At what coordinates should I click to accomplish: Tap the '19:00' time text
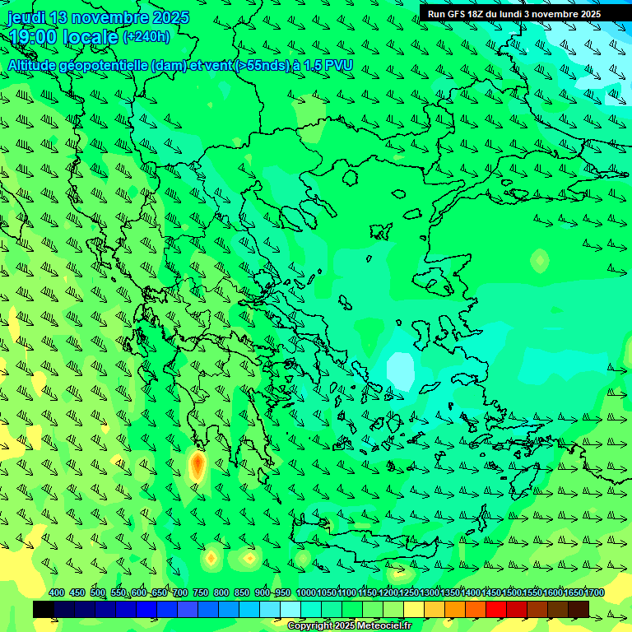(x=34, y=37)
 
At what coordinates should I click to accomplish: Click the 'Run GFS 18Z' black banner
(x=513, y=13)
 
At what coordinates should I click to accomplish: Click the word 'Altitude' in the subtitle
(x=37, y=65)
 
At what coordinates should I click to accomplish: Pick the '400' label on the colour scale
(x=57, y=592)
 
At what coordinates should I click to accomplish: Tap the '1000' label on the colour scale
(x=306, y=592)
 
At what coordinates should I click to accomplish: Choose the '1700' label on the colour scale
(x=594, y=592)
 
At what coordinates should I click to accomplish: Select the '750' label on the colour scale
(x=200, y=592)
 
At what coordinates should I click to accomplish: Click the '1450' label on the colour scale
(x=491, y=592)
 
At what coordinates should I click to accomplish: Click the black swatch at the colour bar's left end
(x=44, y=609)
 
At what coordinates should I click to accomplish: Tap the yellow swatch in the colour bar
(x=414, y=609)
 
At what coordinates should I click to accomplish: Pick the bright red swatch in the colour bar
(x=496, y=609)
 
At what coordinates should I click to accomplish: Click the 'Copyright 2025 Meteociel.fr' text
(x=349, y=626)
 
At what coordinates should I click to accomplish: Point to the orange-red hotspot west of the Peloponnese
(x=197, y=467)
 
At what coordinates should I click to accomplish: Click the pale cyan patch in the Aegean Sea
(x=401, y=369)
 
